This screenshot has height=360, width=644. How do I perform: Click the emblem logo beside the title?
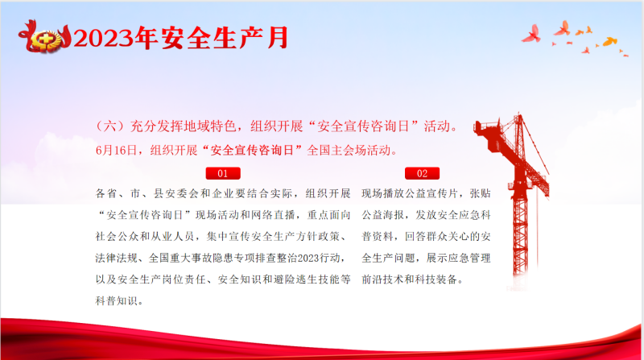coord(44,37)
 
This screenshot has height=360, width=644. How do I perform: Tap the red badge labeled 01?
coord(223,173)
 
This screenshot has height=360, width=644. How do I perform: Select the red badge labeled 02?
coord(422,173)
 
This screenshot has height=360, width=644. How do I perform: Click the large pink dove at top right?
coord(532,34)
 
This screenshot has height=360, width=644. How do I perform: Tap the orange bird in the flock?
coord(610,41)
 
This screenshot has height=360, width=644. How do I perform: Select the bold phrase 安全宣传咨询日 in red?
coord(252,151)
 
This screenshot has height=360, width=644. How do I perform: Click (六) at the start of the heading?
coord(109,126)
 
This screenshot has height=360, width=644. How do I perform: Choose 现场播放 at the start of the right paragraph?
coord(383,193)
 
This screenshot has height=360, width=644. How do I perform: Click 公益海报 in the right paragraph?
coord(383,215)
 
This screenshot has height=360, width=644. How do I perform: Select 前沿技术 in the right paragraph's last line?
coord(383,279)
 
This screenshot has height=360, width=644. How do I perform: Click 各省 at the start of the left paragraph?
coord(106,193)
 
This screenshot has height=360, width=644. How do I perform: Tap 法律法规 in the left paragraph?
coord(116,258)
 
